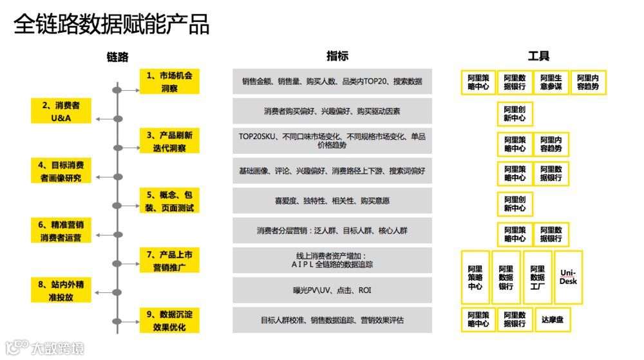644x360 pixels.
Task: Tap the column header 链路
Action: point(118,57)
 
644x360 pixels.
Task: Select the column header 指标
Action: point(337,56)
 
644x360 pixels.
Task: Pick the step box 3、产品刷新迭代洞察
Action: point(169,141)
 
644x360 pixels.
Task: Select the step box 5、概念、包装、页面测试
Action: point(169,201)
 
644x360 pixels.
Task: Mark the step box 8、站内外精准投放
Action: point(62,290)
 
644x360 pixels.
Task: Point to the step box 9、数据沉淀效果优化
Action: point(169,320)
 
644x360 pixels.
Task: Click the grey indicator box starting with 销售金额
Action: point(332,82)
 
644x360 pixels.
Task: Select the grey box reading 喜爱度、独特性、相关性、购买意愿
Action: point(332,201)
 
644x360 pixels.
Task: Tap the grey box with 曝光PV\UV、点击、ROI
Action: point(332,290)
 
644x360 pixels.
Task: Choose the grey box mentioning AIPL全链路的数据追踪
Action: point(332,260)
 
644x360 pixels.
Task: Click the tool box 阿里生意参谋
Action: point(551,82)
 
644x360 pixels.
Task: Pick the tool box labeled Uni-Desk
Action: point(568,278)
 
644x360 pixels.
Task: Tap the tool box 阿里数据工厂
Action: point(537,278)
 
